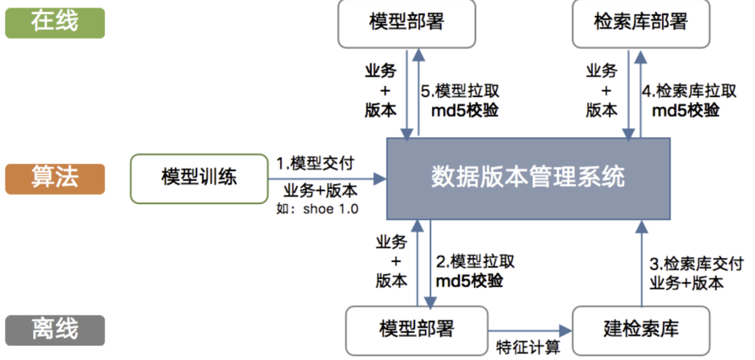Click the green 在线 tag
(55, 22)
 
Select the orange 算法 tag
(55, 178)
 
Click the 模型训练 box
(199, 178)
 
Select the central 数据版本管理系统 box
(528, 178)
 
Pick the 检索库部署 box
(640, 22)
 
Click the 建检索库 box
(640, 329)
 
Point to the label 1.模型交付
(315, 163)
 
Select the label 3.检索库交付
(696, 264)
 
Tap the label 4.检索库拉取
(689, 91)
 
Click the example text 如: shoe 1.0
(317, 208)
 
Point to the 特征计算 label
(528, 347)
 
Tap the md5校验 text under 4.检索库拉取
(686, 110)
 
